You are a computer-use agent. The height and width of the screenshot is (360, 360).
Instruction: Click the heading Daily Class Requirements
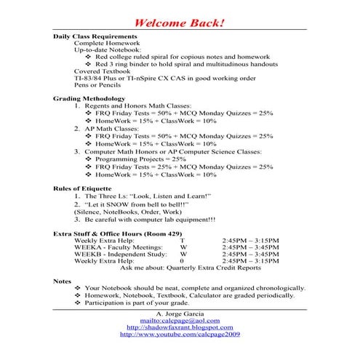coord(95,36)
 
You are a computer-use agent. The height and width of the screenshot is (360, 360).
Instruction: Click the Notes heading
coord(63,280)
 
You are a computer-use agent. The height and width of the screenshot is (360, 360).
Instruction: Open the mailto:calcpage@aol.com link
coord(180,320)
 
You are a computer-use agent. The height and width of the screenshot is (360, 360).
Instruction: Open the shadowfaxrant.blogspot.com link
coord(180,327)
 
